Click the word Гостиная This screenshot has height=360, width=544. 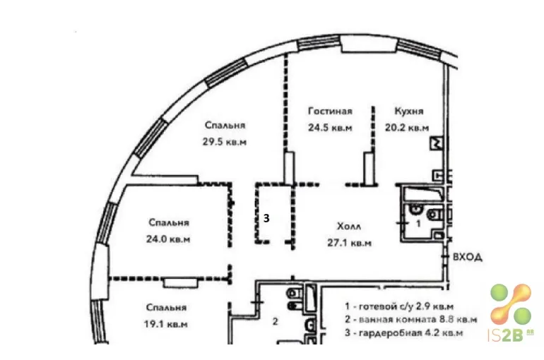click(x=331, y=112)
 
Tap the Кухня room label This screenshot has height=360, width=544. click(x=409, y=112)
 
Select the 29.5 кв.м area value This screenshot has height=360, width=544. click(x=225, y=142)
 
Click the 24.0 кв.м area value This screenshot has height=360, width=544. click(x=168, y=239)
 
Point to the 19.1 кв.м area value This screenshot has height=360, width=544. click(x=166, y=324)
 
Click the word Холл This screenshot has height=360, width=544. click(x=349, y=227)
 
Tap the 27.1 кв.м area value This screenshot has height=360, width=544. click(x=350, y=243)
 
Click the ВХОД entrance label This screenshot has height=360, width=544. click(x=468, y=257)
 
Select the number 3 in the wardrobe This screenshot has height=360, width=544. click(x=266, y=218)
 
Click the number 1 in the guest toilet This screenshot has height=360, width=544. click(x=418, y=224)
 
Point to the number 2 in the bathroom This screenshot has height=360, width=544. click(x=275, y=322)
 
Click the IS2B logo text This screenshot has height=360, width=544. click(x=511, y=335)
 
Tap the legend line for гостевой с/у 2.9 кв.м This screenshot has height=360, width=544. click(x=399, y=306)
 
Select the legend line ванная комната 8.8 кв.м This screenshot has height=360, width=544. click(x=410, y=320)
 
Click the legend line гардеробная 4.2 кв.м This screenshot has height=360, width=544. click(x=404, y=333)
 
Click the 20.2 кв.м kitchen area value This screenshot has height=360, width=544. click(x=407, y=128)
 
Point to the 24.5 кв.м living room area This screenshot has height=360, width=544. click(x=331, y=128)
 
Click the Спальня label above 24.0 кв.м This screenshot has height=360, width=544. click(x=169, y=223)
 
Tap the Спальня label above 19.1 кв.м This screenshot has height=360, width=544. click(x=167, y=308)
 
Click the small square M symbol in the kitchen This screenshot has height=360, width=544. click(x=437, y=143)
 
